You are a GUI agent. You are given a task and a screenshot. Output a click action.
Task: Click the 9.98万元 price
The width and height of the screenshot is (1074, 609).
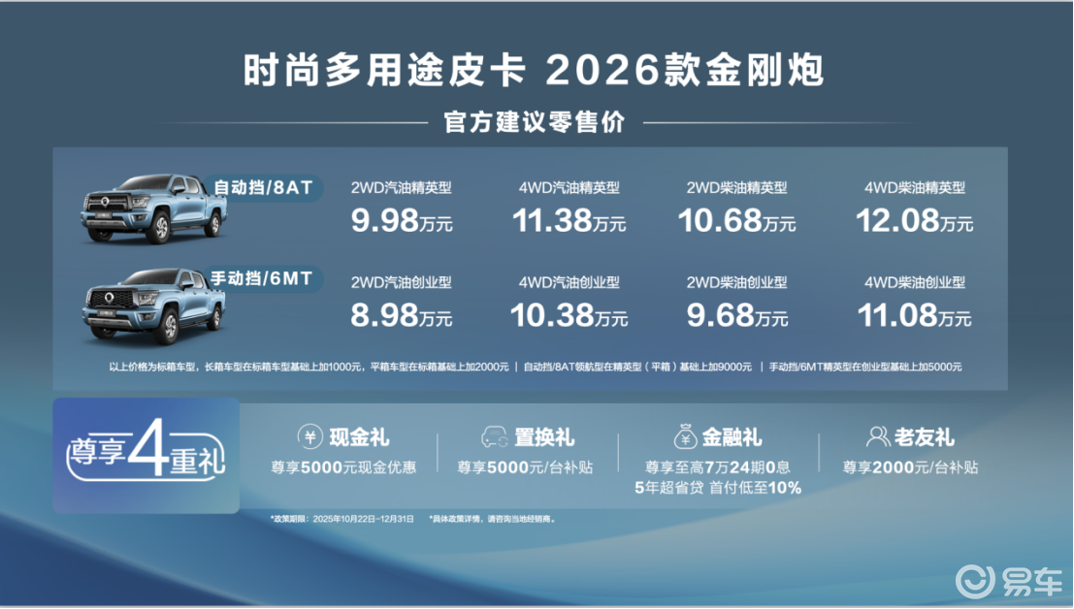click(402, 221)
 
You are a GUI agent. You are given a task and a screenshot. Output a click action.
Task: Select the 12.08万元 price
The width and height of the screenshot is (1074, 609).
click(915, 221)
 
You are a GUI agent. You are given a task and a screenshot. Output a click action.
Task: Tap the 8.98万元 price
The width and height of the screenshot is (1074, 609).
click(402, 315)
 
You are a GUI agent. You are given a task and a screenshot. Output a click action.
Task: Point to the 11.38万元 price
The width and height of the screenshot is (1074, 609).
click(570, 221)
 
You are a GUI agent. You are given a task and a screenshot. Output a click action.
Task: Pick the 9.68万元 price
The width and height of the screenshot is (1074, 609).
click(737, 315)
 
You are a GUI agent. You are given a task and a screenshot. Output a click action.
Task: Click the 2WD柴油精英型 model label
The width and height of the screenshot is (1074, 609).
click(737, 187)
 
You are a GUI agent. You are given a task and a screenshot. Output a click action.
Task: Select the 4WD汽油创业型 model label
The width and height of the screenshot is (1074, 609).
click(570, 282)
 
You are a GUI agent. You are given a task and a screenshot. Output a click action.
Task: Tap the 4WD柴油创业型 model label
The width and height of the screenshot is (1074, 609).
click(915, 282)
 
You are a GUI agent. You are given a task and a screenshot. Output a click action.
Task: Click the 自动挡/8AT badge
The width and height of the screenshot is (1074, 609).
click(263, 187)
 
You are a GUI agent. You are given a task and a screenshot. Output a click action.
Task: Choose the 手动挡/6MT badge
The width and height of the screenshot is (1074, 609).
click(262, 278)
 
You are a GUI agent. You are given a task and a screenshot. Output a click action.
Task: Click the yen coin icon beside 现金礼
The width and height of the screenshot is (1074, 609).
click(310, 436)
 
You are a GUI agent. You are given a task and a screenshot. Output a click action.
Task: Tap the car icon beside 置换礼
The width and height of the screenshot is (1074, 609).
click(495, 436)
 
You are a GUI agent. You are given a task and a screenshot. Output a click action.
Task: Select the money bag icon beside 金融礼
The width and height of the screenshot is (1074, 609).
click(685, 436)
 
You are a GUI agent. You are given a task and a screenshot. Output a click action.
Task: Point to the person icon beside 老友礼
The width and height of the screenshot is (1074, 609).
click(878, 436)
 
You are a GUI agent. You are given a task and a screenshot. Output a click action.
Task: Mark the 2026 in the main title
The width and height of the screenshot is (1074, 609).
click(602, 71)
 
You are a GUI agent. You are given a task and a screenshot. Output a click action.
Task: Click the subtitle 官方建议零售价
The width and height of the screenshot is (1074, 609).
click(535, 122)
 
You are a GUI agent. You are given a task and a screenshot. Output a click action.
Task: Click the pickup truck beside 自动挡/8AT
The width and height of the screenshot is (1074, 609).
click(154, 208)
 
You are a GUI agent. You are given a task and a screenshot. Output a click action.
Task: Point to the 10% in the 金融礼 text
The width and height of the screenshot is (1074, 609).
click(785, 488)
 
